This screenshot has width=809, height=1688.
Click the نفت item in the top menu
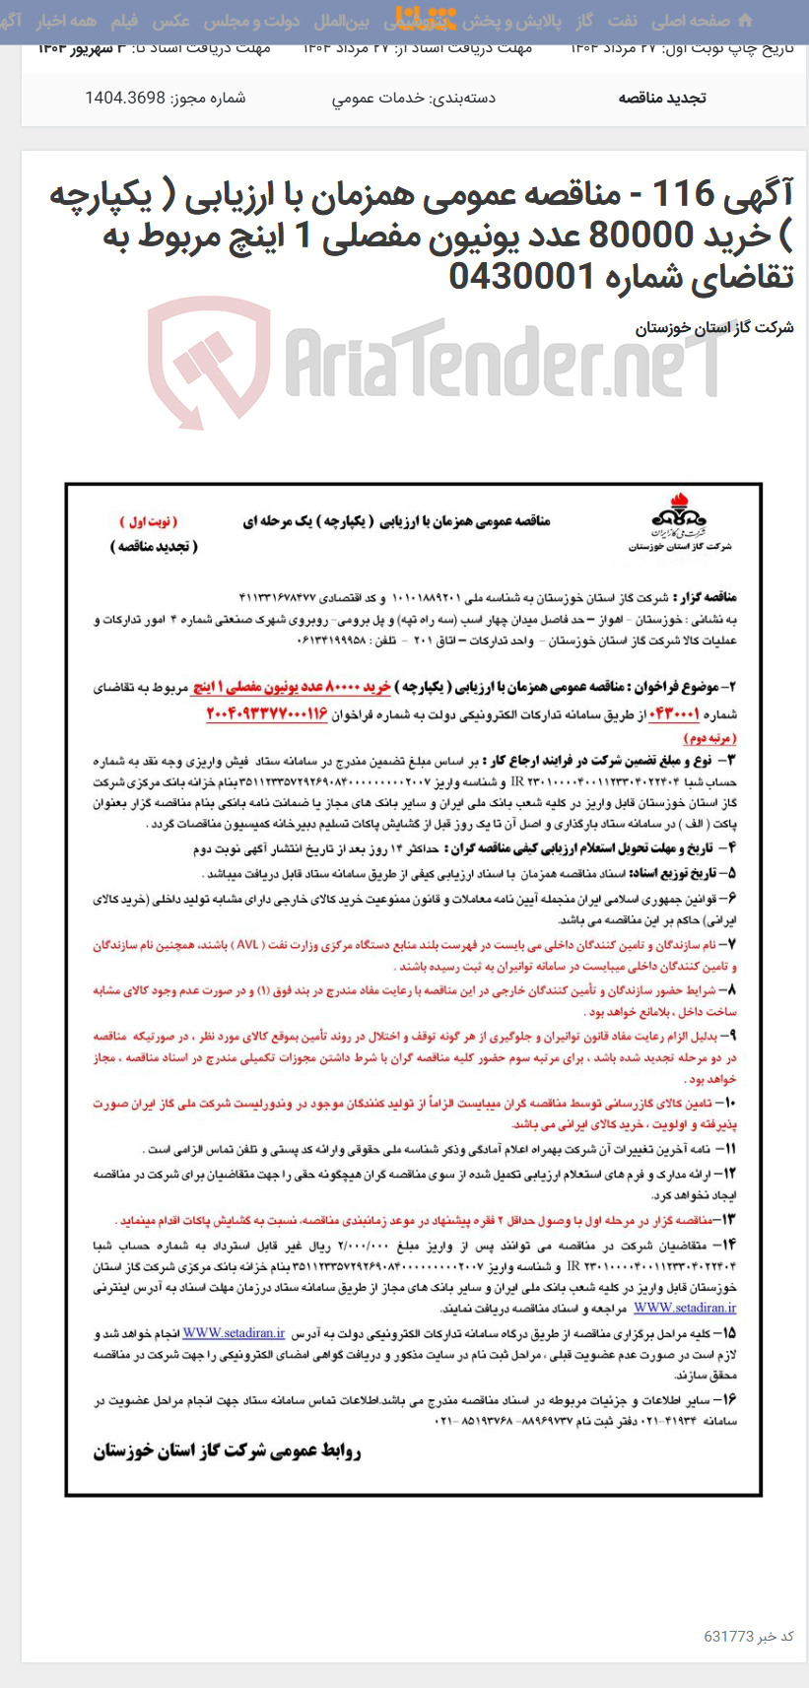[x=622, y=21]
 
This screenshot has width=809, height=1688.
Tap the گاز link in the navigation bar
[x=584, y=21]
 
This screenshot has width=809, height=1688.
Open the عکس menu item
[x=171, y=21]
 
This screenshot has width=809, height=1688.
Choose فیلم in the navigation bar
[x=124, y=21]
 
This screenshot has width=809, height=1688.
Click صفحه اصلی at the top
[x=691, y=21]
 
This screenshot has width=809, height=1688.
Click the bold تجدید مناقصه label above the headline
[x=661, y=98]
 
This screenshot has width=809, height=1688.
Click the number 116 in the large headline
[x=684, y=194]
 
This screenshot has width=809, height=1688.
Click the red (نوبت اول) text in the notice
[x=150, y=521]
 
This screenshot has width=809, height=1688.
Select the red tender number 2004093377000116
[x=266, y=712]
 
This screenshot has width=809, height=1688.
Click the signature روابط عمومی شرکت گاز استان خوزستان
[x=228, y=1451]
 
